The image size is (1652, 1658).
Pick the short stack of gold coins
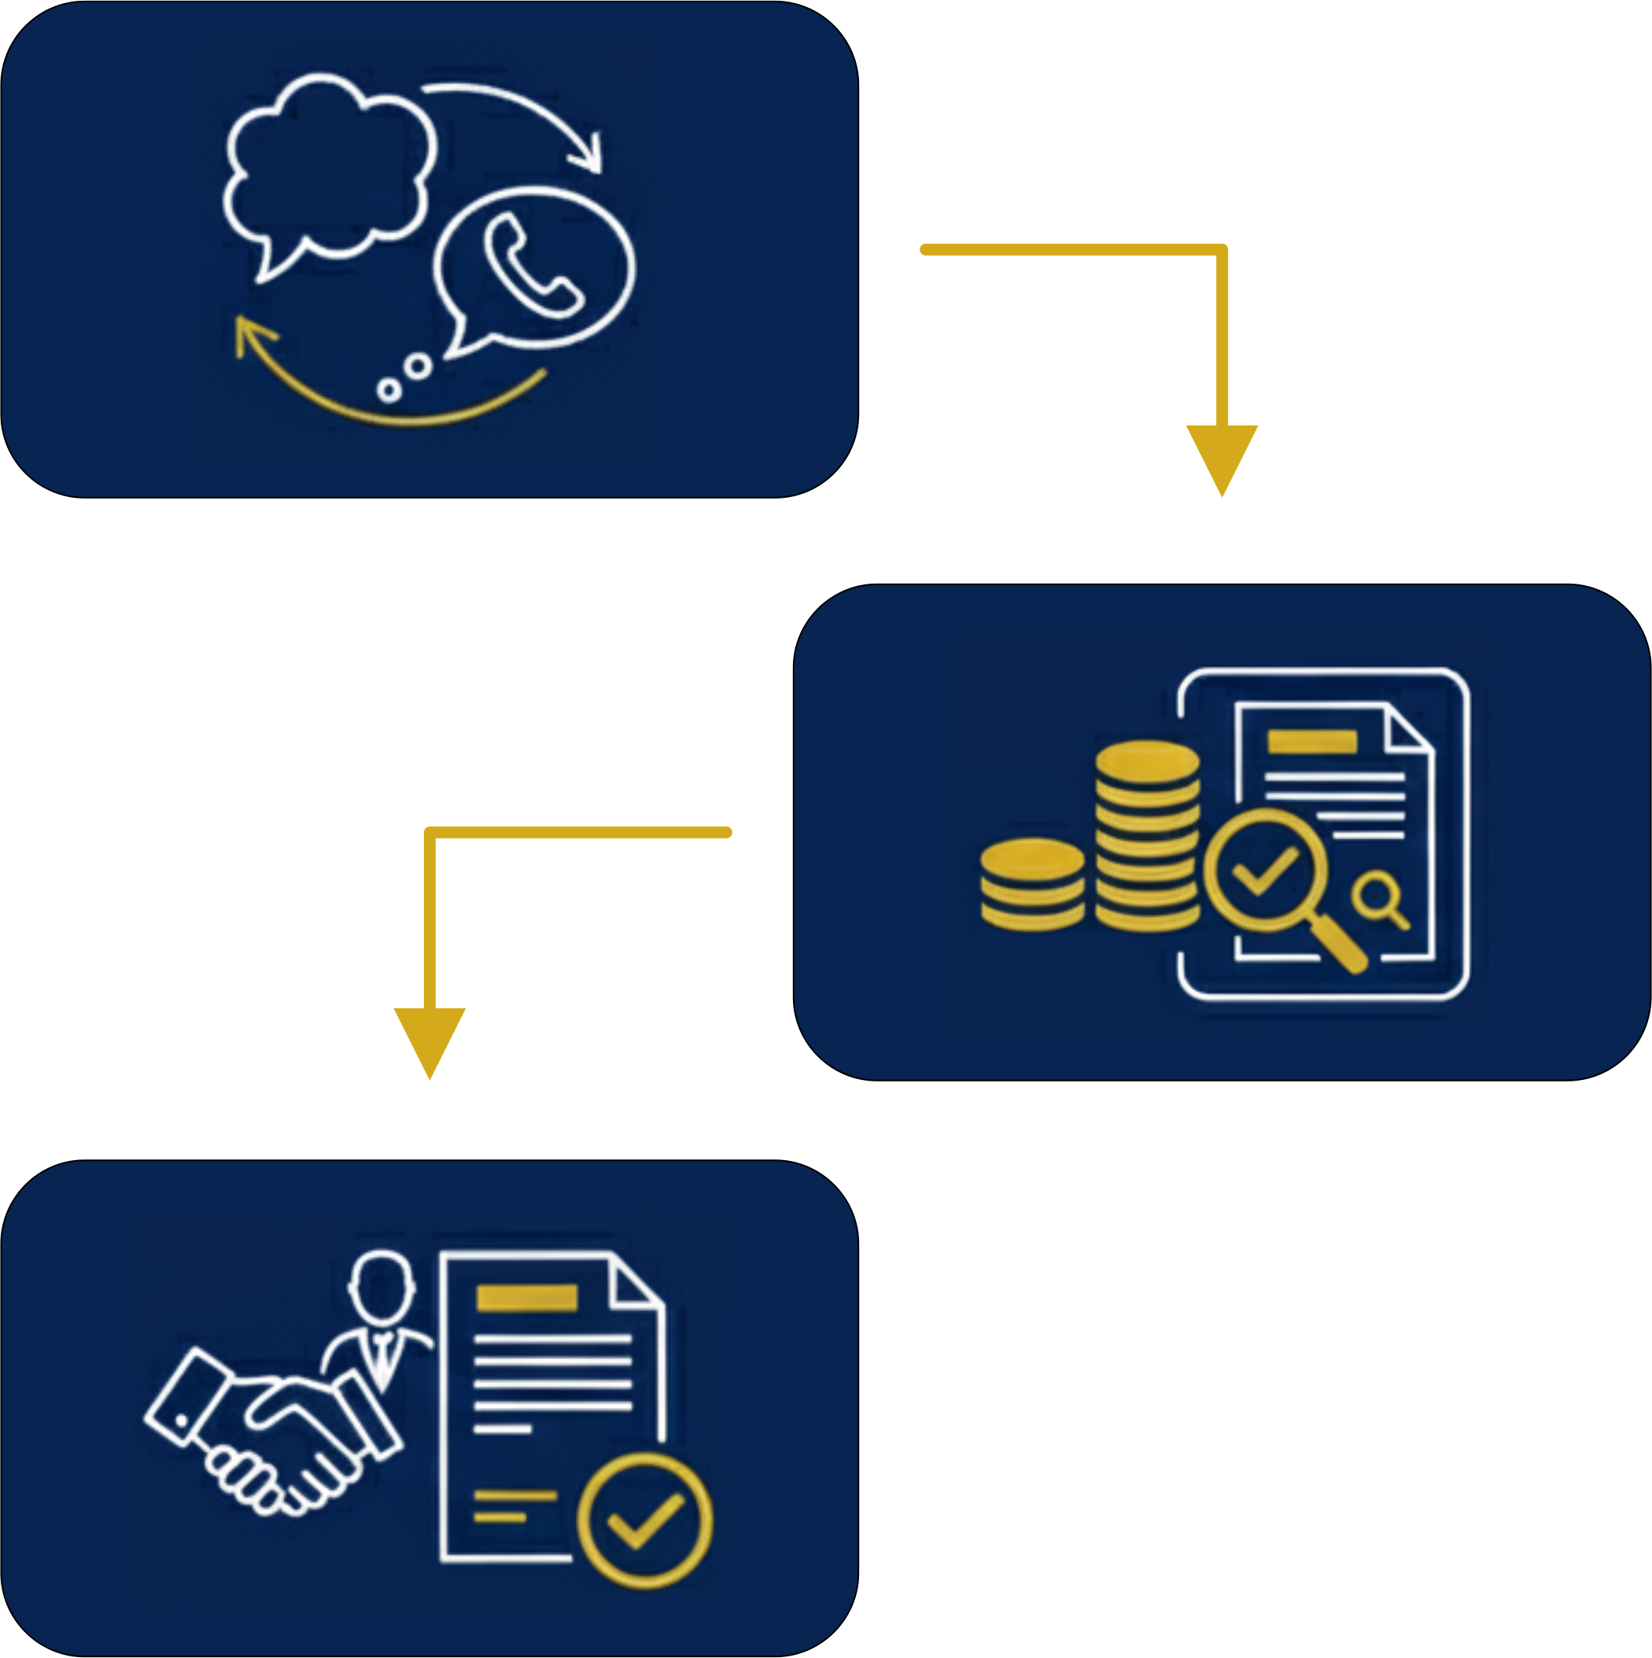coord(1032,885)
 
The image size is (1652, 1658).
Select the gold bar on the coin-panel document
coord(1312,742)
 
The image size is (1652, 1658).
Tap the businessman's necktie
coord(381,1356)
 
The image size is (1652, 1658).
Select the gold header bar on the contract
coord(526,1299)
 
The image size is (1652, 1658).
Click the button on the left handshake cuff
coord(182,1421)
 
